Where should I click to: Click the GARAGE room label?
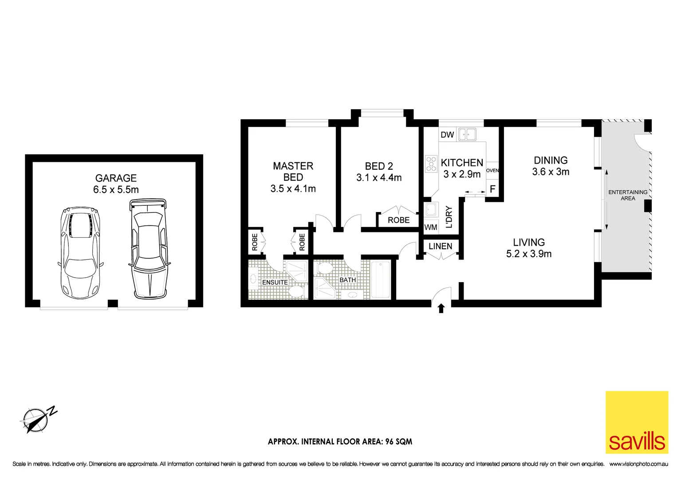click(x=116, y=178)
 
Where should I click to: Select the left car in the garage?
click(x=80, y=252)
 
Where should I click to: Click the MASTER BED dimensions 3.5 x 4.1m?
click(x=293, y=188)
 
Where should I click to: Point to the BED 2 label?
click(x=379, y=166)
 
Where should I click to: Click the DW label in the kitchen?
click(x=447, y=135)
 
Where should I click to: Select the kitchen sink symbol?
click(x=467, y=134)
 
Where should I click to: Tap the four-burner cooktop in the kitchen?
click(x=431, y=164)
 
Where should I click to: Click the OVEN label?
click(x=492, y=171)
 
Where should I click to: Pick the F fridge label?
click(x=492, y=189)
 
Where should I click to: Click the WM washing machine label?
click(x=431, y=228)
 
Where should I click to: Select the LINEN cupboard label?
click(x=440, y=246)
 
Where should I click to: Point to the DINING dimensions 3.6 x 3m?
click(x=551, y=172)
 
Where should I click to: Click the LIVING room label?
click(x=529, y=242)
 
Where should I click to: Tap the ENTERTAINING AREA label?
click(x=628, y=195)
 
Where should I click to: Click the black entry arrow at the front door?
click(x=441, y=308)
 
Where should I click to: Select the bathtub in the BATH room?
click(x=380, y=280)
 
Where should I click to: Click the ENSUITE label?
click(x=275, y=283)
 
